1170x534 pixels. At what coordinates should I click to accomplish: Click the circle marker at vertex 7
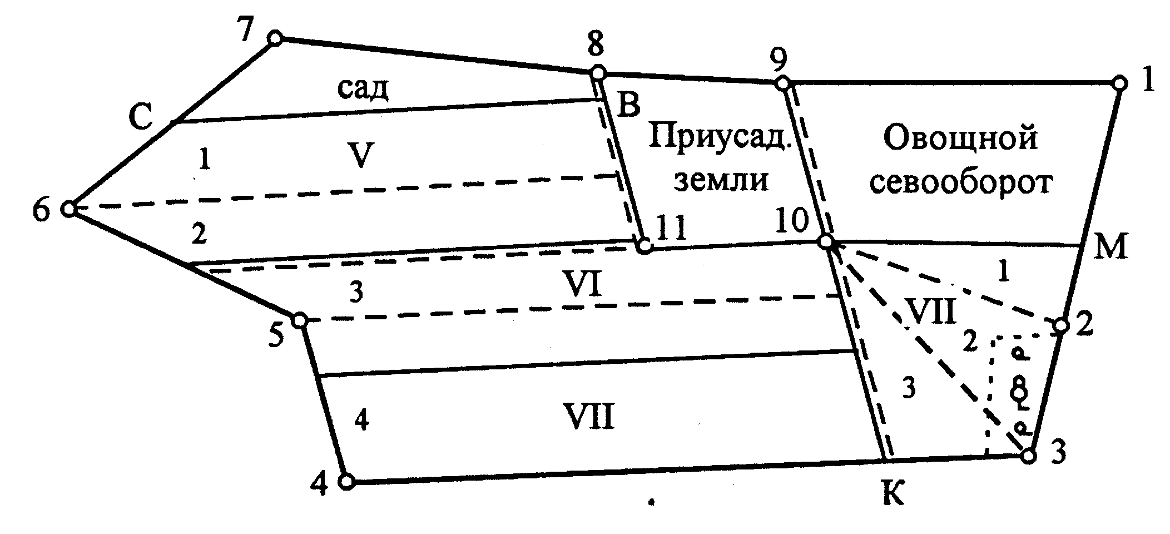tap(275, 38)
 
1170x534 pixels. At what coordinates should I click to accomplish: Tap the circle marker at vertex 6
tap(69, 209)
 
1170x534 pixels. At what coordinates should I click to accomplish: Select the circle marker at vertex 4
tap(346, 482)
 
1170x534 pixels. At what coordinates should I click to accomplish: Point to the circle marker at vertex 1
tap(1120, 83)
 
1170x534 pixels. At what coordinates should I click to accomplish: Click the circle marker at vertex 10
tap(826, 242)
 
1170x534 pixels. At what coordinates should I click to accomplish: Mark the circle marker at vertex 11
tap(644, 245)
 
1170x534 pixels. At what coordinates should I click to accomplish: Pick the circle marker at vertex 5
tap(300, 320)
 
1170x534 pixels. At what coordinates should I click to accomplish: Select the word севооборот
tap(961, 182)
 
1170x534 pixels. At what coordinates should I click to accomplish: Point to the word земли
tap(721, 180)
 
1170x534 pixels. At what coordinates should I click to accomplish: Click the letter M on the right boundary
tap(1110, 246)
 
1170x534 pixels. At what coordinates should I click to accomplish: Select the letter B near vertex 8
tap(628, 106)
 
